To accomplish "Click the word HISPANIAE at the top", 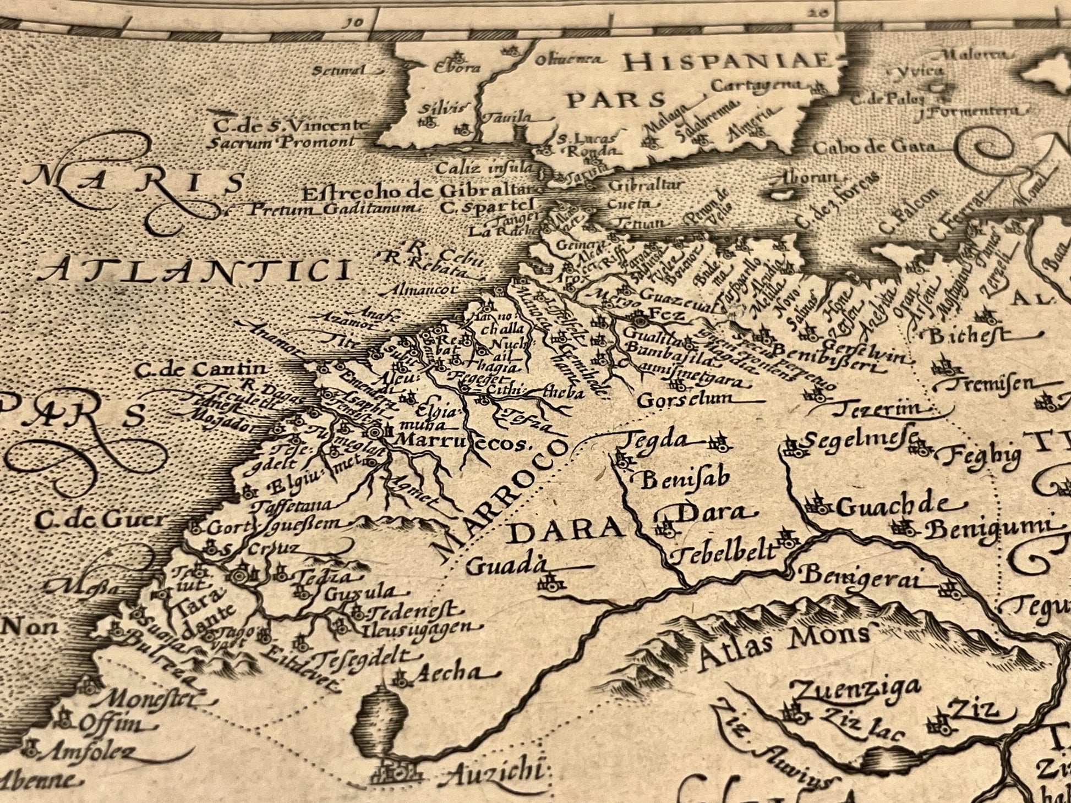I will (727, 62).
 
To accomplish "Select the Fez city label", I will (666, 315).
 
